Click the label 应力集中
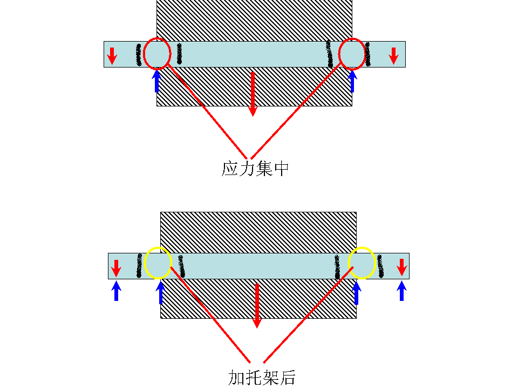point(255,169)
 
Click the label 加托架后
point(262,377)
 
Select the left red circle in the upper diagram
point(157,53)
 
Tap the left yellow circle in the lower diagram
point(158,263)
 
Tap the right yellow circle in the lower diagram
point(362,263)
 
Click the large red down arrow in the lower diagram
point(257,305)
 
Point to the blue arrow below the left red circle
point(156,81)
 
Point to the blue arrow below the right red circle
point(352,81)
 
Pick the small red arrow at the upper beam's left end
point(112,55)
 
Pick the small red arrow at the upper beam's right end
point(394,55)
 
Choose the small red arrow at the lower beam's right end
point(401,266)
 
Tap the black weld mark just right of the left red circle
point(180,54)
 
